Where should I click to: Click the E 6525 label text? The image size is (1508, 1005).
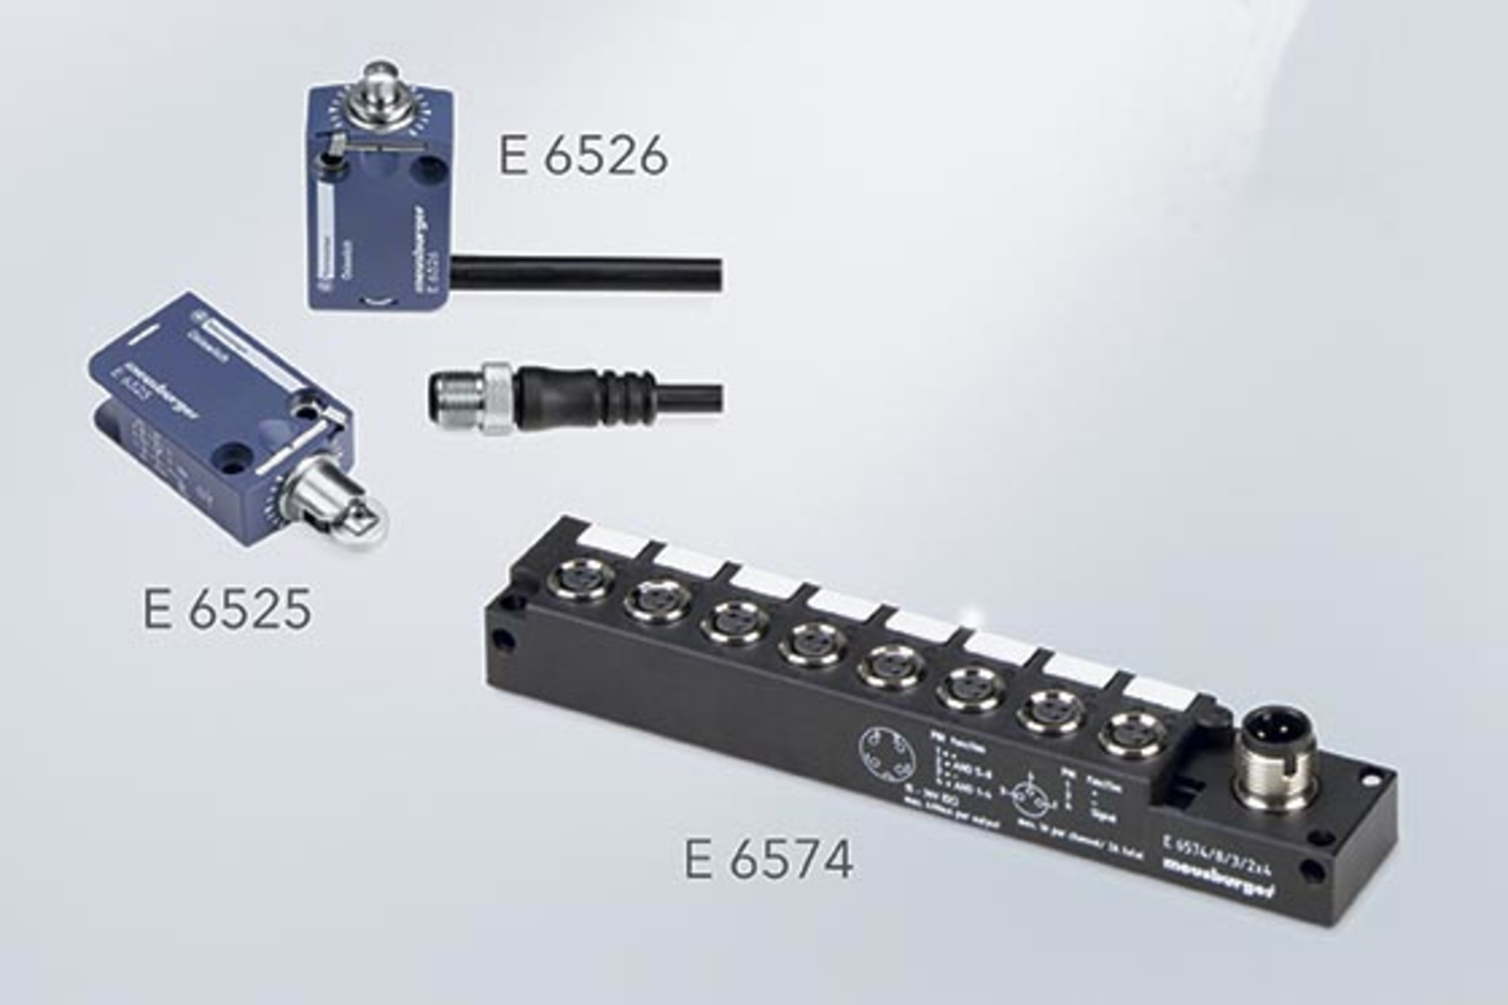[227, 609]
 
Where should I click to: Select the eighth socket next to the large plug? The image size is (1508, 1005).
[1130, 734]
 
